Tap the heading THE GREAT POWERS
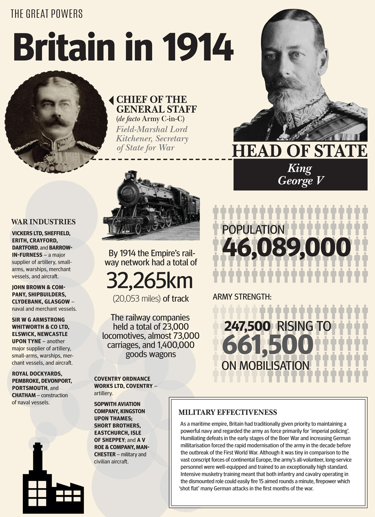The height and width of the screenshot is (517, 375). coord(46,14)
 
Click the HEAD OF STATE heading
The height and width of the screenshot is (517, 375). coord(300,151)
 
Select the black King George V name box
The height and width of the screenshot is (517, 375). coord(300,175)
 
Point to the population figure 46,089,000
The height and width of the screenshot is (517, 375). coord(286,248)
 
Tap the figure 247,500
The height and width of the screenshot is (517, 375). coord(247,326)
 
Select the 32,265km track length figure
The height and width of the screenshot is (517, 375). coord(150,281)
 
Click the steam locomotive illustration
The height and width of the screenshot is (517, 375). coord(151,206)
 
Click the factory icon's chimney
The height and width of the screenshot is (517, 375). coord(37,459)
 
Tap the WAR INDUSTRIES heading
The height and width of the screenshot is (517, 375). coord(43,222)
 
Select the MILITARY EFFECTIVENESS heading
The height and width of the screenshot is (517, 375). coord(228,413)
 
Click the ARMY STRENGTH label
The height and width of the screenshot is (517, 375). coord(242,297)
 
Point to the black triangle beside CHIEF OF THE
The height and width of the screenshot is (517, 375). coord(111,100)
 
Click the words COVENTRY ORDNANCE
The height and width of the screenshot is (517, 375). coord(122,379)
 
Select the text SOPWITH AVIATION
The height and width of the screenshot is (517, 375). coord(117,404)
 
